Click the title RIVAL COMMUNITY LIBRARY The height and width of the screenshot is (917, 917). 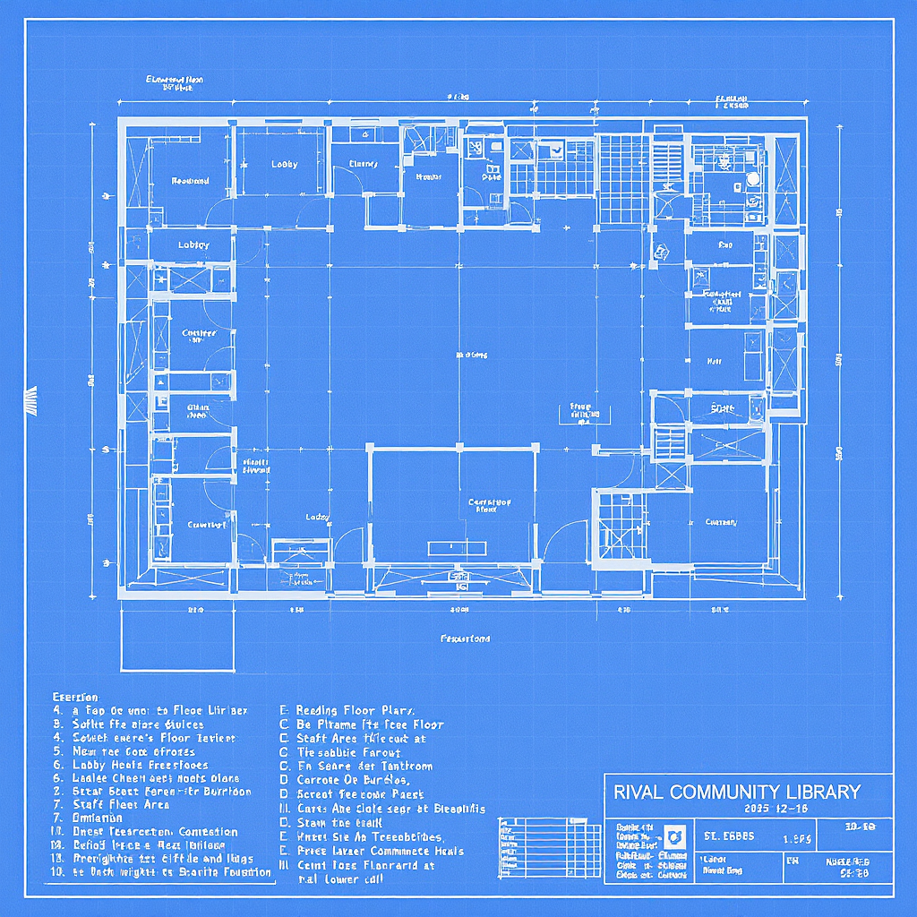(736, 792)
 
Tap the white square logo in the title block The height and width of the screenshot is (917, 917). (674, 836)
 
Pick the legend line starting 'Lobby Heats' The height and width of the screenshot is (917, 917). (129, 765)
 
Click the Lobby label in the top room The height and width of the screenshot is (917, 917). (285, 164)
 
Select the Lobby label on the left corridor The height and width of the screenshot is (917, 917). (193, 244)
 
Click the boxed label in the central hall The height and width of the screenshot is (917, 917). (581, 411)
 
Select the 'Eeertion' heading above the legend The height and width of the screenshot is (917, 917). (75, 697)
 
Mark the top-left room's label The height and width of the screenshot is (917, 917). (190, 181)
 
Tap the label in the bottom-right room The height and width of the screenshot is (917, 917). (721, 522)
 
